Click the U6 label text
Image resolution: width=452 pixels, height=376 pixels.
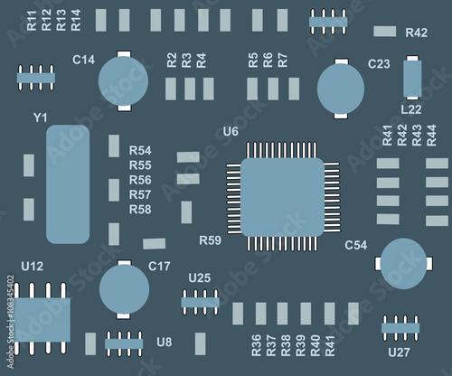click(x=231, y=132)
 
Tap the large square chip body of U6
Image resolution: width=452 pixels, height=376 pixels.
click(x=282, y=197)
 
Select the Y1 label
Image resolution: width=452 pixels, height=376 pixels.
click(x=40, y=117)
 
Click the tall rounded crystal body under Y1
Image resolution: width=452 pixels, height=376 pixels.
click(x=68, y=184)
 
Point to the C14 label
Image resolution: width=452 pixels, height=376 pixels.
click(x=83, y=60)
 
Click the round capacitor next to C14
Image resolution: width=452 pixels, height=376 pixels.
click(x=123, y=80)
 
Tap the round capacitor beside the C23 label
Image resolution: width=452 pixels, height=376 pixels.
click(x=341, y=89)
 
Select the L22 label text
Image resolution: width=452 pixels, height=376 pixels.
click(x=411, y=109)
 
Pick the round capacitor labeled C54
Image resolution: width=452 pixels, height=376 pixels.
click(x=403, y=264)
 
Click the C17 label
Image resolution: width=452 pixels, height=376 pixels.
click(x=159, y=267)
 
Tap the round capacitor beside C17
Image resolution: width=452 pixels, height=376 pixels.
click(x=124, y=289)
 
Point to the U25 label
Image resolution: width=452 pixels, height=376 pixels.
click(x=200, y=278)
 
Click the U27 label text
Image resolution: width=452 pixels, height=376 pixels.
click(x=399, y=352)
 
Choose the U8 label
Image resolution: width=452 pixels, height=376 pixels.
click(x=164, y=343)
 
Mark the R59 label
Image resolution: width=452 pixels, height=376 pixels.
click(x=210, y=240)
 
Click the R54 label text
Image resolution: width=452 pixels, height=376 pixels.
click(x=140, y=150)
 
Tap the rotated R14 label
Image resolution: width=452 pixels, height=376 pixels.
click(x=76, y=20)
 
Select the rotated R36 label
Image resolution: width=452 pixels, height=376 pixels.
click(x=256, y=345)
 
